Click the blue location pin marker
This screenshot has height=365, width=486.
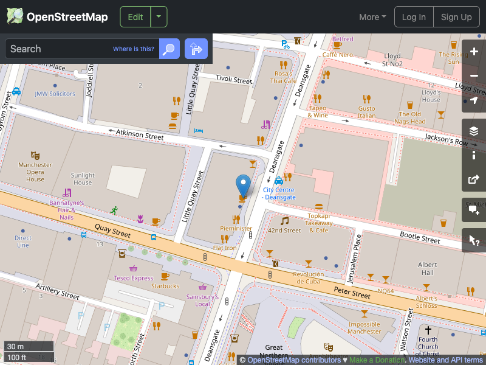[243, 184]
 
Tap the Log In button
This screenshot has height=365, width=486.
[414, 17]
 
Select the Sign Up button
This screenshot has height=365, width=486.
[456, 17]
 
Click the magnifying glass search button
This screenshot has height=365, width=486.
[169, 49]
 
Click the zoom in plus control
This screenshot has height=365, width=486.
[474, 52]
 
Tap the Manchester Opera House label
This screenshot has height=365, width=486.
[35, 172]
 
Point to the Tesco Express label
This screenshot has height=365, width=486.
[134, 278]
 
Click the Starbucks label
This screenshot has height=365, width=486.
[165, 285]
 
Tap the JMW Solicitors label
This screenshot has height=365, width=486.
[55, 94]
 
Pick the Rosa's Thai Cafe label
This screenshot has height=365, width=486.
[283, 77]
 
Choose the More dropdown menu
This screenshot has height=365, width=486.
[372, 17]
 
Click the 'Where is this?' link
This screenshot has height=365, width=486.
[134, 49]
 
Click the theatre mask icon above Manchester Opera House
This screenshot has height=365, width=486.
[35, 156]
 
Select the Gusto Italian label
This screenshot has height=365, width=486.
[366, 112]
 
